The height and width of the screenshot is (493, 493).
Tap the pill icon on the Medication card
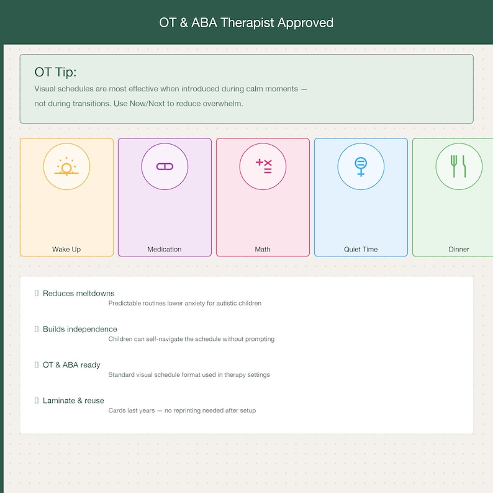pyautogui.click(x=165, y=166)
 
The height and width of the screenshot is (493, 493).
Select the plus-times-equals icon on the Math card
pyautogui.click(x=263, y=166)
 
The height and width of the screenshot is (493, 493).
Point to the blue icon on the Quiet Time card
pyautogui.click(x=361, y=166)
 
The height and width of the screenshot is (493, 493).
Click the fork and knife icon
pyautogui.click(x=459, y=166)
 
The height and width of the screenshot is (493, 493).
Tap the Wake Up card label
pyautogui.click(x=66, y=250)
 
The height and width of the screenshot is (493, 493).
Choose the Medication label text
pyautogui.click(x=165, y=250)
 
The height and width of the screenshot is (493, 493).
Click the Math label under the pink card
pyautogui.click(x=263, y=250)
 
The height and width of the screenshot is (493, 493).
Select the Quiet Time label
pyautogui.click(x=361, y=250)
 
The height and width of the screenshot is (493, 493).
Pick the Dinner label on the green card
pyautogui.click(x=459, y=250)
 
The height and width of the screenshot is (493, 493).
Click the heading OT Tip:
pyautogui.click(x=56, y=72)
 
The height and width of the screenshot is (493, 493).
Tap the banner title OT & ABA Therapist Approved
pyautogui.click(x=246, y=23)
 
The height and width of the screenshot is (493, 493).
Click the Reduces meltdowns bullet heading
pyautogui.click(x=79, y=293)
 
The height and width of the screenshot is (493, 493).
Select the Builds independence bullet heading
pyautogui.click(x=80, y=329)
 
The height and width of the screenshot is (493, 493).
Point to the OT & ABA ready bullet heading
pyautogui.click(x=71, y=364)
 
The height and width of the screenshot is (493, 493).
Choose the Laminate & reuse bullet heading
pyautogui.click(x=73, y=400)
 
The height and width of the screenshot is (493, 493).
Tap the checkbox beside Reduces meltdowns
pyautogui.click(x=37, y=293)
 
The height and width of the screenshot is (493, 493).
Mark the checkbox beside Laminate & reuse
pyautogui.click(x=37, y=400)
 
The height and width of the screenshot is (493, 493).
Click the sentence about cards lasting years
pyautogui.click(x=182, y=410)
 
